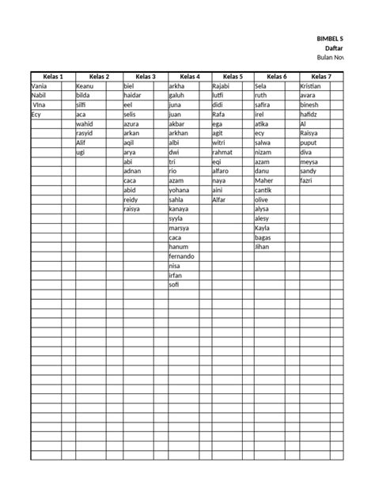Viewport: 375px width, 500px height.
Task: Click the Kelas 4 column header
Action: pyautogui.click(x=189, y=76)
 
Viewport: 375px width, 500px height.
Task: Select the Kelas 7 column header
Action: pyautogui.click(x=321, y=76)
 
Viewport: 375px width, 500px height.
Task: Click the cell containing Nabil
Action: pyautogui.click(x=40, y=95)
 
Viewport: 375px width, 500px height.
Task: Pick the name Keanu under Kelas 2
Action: pyautogui.click(x=85, y=85)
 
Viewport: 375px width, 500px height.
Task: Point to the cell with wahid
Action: pyautogui.click(x=85, y=123)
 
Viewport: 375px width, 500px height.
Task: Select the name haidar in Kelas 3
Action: pyautogui.click(x=134, y=95)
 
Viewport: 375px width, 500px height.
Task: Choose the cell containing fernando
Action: pyautogui.click(x=182, y=256)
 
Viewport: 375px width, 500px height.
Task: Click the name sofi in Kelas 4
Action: pyautogui.click(x=175, y=285)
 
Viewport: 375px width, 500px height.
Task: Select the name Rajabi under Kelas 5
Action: pyautogui.click(x=221, y=85)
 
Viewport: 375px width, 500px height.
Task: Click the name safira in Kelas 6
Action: pyautogui.click(x=264, y=104)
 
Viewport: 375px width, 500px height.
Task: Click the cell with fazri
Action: pyautogui.click(x=308, y=180)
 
